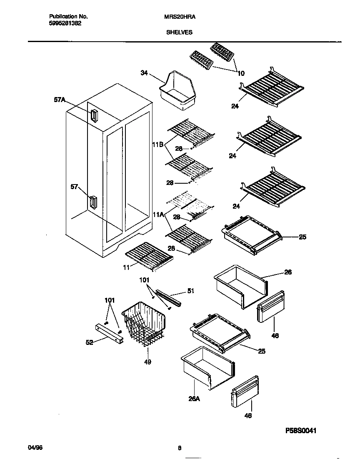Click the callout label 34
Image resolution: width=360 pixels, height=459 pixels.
[144, 73]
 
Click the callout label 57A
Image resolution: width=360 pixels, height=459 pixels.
[60, 99]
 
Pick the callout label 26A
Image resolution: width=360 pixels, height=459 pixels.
[195, 399]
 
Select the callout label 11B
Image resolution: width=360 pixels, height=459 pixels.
[157, 144]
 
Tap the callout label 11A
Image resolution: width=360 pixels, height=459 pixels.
[158, 215]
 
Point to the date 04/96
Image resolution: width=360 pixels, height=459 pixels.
[35, 447]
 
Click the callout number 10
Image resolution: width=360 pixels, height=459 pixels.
[241, 74]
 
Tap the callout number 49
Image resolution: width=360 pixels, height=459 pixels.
[147, 362]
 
